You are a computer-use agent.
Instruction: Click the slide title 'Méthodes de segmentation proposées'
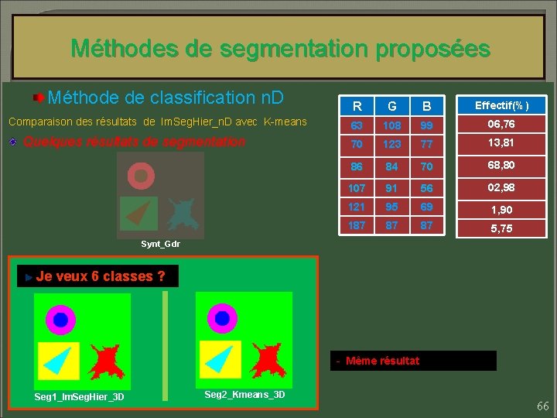(x=280, y=50)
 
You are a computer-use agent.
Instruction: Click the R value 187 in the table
(x=357, y=225)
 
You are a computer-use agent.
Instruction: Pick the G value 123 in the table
(x=393, y=144)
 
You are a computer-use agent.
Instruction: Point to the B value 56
(x=426, y=187)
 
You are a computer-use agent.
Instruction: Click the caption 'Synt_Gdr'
(x=160, y=245)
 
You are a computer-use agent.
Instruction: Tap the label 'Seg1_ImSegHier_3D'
(x=80, y=398)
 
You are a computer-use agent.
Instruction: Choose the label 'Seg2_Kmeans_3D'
(x=244, y=395)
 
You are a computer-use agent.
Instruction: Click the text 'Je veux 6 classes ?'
(x=101, y=276)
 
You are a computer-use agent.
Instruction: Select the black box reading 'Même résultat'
(x=413, y=361)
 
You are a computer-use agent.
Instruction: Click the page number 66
(x=542, y=406)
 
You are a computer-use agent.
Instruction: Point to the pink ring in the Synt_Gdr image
(x=140, y=176)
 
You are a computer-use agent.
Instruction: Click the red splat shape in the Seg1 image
(x=107, y=359)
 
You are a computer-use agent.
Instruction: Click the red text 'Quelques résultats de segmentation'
(x=134, y=142)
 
